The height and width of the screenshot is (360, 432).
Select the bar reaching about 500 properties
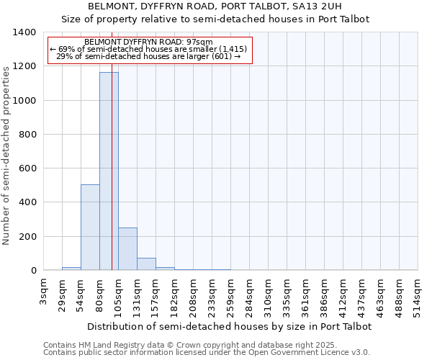click(x=90, y=228)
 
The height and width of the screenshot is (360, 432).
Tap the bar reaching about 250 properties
click(x=127, y=249)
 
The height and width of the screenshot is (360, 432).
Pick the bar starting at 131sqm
click(x=146, y=264)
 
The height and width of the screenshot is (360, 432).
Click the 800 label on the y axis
click(x=27, y=135)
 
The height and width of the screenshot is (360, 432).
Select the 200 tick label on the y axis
click(x=27, y=237)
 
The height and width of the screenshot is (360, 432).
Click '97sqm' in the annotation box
click(x=199, y=42)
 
